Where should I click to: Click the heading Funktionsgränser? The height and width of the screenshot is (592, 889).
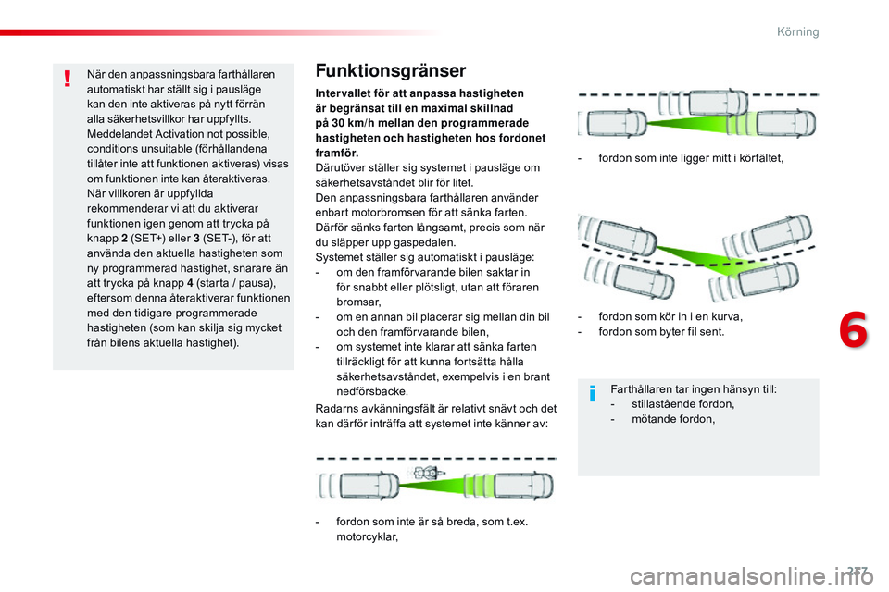point(391,71)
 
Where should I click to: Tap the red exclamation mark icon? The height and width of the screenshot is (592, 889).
point(69,78)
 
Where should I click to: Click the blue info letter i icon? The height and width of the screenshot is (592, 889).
point(593,396)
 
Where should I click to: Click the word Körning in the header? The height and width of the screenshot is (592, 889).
point(797,31)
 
